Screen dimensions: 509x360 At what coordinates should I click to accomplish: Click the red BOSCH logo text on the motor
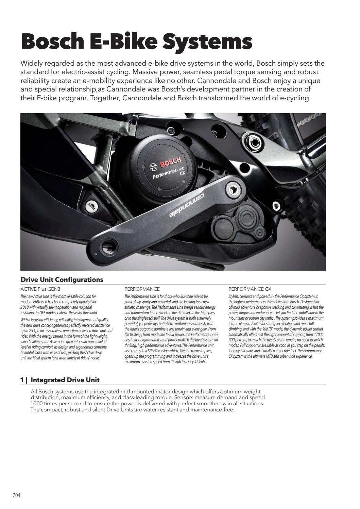coord(171,163)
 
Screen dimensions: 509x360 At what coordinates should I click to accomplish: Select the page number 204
coord(16,495)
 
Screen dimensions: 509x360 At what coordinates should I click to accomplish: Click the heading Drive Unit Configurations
coord(62,280)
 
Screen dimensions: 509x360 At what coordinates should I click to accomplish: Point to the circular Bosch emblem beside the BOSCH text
coord(153,167)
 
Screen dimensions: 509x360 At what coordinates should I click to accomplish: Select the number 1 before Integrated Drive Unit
coord(22,380)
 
